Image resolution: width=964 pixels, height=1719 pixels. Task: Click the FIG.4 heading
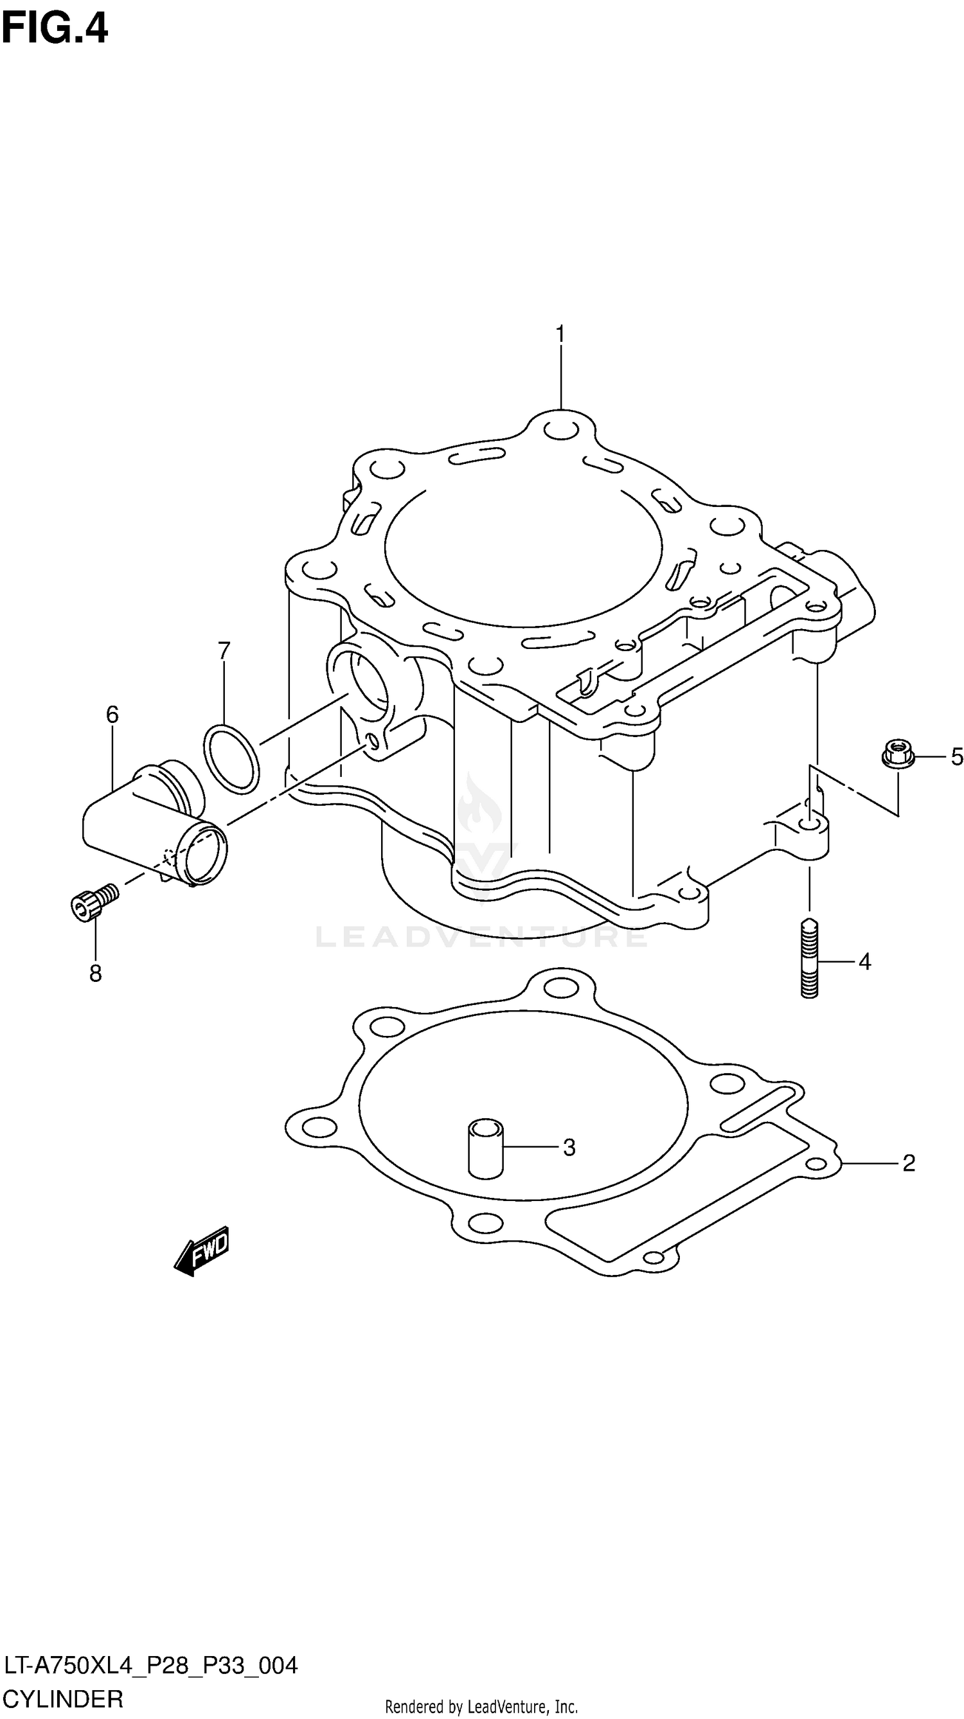tap(55, 30)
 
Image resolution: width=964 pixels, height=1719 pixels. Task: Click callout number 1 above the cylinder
tap(560, 334)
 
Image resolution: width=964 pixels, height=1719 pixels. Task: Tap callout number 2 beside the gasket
tap(908, 1163)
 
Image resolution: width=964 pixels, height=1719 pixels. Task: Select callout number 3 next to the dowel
tap(569, 1148)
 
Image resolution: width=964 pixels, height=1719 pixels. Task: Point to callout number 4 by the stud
tap(864, 962)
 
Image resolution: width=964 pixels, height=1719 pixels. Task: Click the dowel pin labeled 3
tap(485, 1148)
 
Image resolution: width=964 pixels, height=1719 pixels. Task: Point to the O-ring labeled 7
tap(231, 760)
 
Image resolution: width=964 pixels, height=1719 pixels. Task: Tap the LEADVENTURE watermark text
tap(481, 937)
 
